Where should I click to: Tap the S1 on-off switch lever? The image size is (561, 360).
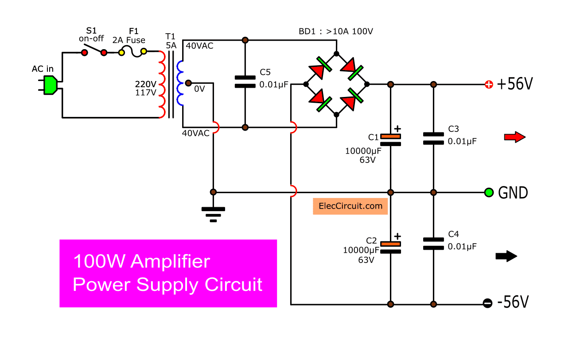[x=94, y=49]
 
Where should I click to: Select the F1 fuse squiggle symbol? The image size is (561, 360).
[x=133, y=52]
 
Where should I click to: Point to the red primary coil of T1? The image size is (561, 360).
[x=162, y=85]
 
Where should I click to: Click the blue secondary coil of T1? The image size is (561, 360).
[x=180, y=83]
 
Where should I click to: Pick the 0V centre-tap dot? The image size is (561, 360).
[x=188, y=83]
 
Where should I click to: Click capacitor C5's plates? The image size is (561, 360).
[x=245, y=82]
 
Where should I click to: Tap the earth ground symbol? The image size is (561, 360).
[x=214, y=215]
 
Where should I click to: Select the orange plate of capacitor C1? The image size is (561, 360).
[x=391, y=136]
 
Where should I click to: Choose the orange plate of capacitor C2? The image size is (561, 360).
[x=391, y=244]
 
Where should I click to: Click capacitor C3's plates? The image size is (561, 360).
[x=433, y=139]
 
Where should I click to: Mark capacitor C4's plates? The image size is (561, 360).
[x=433, y=244]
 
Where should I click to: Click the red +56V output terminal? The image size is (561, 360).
[x=489, y=85]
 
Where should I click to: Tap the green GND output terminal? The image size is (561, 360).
[x=489, y=193]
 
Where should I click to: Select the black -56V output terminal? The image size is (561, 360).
[x=487, y=303]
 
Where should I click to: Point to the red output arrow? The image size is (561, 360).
[x=515, y=137]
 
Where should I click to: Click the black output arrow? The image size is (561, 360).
[x=506, y=256]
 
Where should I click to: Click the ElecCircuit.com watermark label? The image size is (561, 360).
[x=351, y=206]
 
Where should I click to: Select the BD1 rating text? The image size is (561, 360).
[x=336, y=31]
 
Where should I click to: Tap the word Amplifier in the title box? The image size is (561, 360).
[x=170, y=261]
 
